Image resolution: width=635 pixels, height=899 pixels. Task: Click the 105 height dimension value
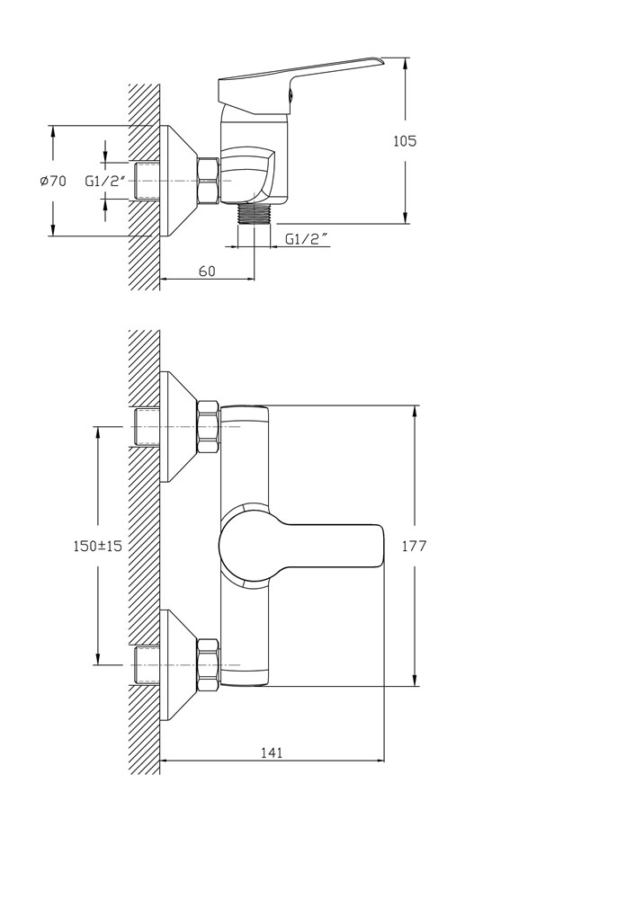click(x=405, y=140)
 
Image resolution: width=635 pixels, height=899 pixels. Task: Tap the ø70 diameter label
click(x=53, y=182)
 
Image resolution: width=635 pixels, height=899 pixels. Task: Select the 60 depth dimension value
click(x=208, y=271)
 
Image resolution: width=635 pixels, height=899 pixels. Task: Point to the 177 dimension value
click(x=414, y=546)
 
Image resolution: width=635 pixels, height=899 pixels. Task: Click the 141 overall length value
click(x=272, y=752)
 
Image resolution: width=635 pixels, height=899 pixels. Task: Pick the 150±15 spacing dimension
click(x=98, y=546)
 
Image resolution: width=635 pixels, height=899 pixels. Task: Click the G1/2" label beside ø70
click(x=105, y=182)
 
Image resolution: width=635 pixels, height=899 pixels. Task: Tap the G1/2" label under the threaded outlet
click(x=308, y=239)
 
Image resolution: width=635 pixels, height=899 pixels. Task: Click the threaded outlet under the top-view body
click(x=255, y=215)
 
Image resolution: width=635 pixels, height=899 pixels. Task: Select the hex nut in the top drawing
click(x=209, y=181)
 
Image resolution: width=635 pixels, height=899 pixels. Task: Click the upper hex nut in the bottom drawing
click(x=209, y=428)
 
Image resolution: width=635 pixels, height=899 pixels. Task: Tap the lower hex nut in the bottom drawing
click(x=209, y=665)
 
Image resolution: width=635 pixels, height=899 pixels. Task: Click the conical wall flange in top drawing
click(x=178, y=182)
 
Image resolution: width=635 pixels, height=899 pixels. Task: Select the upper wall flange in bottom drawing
click(x=178, y=427)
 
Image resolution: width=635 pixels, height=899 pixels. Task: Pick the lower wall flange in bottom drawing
click(x=178, y=665)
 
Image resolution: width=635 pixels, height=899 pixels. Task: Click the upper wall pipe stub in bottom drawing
click(x=147, y=427)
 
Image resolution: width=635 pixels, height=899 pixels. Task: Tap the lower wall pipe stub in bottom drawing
click(x=147, y=665)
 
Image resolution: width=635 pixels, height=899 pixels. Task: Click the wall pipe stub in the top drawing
click(x=147, y=182)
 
